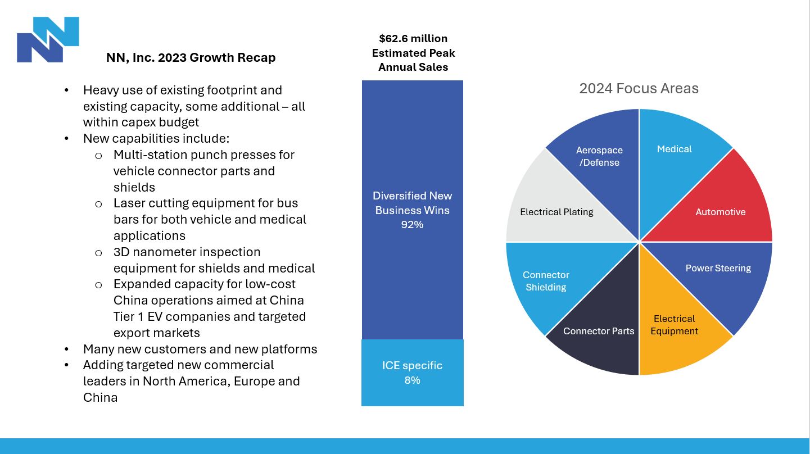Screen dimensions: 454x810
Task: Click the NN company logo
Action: coord(48,39)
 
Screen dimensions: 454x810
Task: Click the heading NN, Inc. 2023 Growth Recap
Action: coord(191,58)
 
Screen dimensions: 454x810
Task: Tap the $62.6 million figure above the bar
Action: coord(413,39)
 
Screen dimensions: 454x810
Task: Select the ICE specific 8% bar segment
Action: coord(412,373)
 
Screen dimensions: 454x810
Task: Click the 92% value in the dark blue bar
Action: coord(412,225)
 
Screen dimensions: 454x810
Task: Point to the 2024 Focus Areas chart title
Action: coord(639,89)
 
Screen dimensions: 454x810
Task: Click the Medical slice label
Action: coord(674,149)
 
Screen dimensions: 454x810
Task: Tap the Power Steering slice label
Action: coord(718,268)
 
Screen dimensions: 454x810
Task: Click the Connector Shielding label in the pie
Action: coord(545,281)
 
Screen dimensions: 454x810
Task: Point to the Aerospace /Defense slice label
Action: coord(599,156)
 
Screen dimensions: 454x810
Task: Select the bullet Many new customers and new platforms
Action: coord(200,349)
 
